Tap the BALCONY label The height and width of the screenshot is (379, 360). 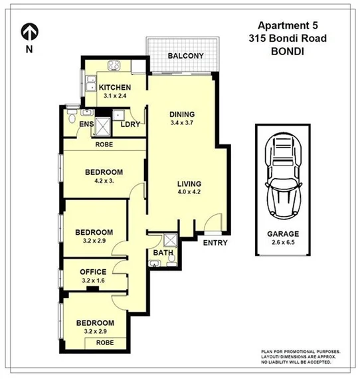click(x=185, y=56)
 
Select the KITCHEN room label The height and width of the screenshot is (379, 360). click(x=115, y=88)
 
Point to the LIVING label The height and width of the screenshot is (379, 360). click(x=189, y=184)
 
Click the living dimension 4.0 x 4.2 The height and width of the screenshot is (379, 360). click(x=189, y=193)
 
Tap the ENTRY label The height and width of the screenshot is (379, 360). click(x=215, y=243)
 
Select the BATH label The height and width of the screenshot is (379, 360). click(x=163, y=253)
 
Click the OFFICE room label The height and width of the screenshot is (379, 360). click(x=93, y=272)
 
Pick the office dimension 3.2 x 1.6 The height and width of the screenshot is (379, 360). click(x=93, y=281)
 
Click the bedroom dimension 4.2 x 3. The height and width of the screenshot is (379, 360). click(x=102, y=181)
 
